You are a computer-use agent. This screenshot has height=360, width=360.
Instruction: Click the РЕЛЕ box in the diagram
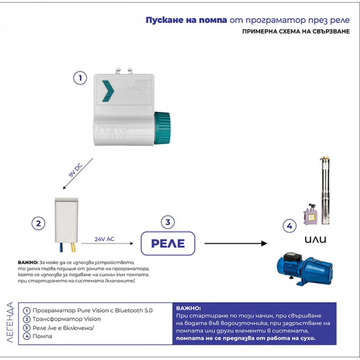[x=168, y=243]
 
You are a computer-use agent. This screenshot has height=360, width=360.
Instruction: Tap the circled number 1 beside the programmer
[x=80, y=78]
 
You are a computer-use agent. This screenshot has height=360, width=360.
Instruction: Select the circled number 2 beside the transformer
[x=39, y=223]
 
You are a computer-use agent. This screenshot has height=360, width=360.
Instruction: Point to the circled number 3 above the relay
[x=168, y=222]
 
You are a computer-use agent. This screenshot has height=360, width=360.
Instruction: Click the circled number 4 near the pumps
[x=289, y=226]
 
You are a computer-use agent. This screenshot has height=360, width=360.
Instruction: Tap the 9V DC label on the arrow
[x=75, y=170]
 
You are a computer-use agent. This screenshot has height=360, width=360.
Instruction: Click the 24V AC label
[x=105, y=239]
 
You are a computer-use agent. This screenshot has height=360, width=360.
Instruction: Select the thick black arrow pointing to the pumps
[x=236, y=243]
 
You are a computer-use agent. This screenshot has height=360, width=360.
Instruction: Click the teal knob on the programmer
[x=162, y=128]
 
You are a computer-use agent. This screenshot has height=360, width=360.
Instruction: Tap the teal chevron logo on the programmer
[x=108, y=91]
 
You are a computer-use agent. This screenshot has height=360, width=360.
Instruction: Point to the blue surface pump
[x=305, y=269]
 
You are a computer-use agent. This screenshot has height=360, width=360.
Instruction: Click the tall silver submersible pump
[x=325, y=190]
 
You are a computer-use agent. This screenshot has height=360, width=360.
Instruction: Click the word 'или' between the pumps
[x=315, y=240]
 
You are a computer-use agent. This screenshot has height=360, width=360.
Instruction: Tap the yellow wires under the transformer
[x=73, y=247]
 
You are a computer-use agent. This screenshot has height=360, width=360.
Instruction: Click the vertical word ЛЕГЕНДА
[x=10, y=322]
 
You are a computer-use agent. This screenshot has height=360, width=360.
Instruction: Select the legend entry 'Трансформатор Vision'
[x=67, y=319]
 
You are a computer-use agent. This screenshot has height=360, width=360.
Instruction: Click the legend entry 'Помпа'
[x=43, y=336]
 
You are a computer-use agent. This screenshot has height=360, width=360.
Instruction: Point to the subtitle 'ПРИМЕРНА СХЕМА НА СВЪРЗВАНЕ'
[x=296, y=31]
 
